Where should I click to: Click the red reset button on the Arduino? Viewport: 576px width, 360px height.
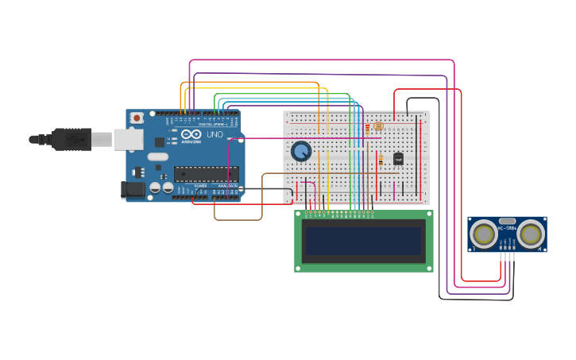(137, 118)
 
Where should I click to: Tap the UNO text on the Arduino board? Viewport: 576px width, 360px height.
(215, 134)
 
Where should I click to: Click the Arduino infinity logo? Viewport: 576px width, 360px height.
(191, 134)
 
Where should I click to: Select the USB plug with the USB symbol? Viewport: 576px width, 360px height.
(75, 139)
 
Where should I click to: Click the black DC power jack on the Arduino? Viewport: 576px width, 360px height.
(132, 190)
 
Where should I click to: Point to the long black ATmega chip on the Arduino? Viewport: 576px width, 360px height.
(206, 173)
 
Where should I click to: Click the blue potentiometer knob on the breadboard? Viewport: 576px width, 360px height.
(301, 150)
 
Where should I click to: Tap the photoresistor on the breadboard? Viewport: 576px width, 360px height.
(378, 126)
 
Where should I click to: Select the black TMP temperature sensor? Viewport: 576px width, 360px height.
(398, 158)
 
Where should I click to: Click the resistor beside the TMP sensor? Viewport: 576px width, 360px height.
(381, 160)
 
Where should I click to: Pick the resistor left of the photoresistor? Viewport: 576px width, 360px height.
(367, 127)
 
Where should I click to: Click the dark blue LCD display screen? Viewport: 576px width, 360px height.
(364, 241)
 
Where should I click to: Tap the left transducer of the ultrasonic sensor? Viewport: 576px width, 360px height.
(483, 234)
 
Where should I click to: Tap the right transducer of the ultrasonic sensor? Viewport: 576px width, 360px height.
(531, 234)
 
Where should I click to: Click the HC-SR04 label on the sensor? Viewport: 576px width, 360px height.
(507, 229)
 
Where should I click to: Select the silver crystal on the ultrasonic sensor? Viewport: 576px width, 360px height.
(507, 221)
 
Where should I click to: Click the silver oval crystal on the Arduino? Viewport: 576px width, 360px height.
(157, 157)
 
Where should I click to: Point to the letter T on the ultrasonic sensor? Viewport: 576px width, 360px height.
(474, 250)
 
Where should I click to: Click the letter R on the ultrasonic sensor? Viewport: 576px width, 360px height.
(539, 250)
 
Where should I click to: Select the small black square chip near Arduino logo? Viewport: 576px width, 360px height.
(160, 142)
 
